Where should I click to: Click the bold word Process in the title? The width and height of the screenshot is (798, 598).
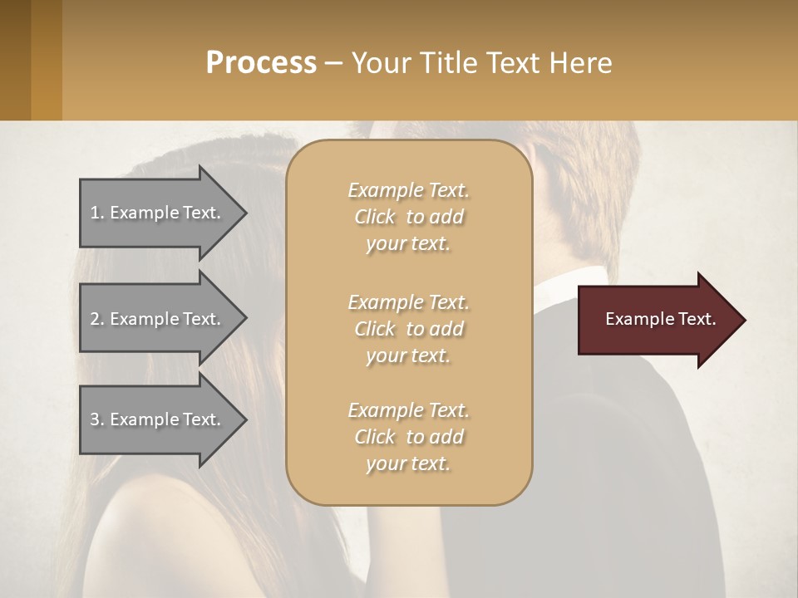(261, 62)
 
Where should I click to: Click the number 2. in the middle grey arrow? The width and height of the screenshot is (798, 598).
(97, 319)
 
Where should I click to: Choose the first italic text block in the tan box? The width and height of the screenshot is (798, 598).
(408, 217)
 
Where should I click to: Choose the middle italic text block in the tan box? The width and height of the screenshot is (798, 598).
(408, 329)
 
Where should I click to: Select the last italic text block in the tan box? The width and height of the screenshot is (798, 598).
(408, 437)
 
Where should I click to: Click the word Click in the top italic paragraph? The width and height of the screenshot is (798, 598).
(375, 217)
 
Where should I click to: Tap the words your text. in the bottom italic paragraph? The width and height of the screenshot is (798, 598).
(408, 463)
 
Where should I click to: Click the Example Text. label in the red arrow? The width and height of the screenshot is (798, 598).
(661, 319)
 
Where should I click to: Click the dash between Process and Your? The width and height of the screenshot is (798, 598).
(333, 63)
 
